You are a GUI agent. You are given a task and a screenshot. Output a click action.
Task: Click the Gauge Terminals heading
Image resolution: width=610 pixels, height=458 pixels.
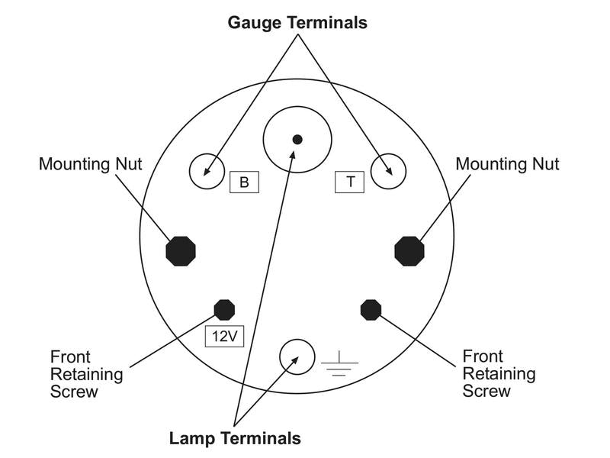(297, 23)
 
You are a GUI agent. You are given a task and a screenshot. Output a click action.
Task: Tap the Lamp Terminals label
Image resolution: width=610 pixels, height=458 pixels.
(235, 438)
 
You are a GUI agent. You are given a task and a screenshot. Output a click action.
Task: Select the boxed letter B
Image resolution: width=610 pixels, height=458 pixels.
(244, 182)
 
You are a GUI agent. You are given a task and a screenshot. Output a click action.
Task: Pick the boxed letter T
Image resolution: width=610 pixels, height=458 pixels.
(350, 182)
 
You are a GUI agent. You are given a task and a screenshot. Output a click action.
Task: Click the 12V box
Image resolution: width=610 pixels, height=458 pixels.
(224, 336)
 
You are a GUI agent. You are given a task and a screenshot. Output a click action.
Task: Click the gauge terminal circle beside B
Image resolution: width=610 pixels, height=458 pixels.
(206, 170)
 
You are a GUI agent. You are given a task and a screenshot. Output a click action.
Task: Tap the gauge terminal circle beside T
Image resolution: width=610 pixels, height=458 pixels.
(388, 170)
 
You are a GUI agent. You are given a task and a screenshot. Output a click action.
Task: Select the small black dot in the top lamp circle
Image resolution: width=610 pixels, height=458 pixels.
(297, 139)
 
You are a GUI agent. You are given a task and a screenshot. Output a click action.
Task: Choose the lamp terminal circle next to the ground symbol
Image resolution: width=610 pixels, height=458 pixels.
(297, 356)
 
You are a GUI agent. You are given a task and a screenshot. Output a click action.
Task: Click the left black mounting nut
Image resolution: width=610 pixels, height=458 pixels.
(181, 250)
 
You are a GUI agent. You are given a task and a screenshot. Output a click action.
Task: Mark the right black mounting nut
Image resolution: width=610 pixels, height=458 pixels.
(409, 250)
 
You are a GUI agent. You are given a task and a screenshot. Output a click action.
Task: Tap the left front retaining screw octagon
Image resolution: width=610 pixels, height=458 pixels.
(224, 309)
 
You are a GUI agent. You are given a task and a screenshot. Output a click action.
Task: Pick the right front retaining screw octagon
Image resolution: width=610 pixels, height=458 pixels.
(371, 309)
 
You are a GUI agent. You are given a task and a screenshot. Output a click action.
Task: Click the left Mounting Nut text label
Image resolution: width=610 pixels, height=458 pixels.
(90, 164)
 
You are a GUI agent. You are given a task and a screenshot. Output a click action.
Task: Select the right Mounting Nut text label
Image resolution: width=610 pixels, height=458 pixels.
(507, 164)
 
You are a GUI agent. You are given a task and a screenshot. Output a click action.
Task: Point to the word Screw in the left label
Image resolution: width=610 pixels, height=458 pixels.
(74, 392)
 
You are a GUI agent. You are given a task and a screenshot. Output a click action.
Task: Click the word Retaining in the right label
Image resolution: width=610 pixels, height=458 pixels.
(499, 374)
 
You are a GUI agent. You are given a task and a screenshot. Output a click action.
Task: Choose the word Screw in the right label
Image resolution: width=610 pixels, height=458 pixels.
(487, 392)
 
